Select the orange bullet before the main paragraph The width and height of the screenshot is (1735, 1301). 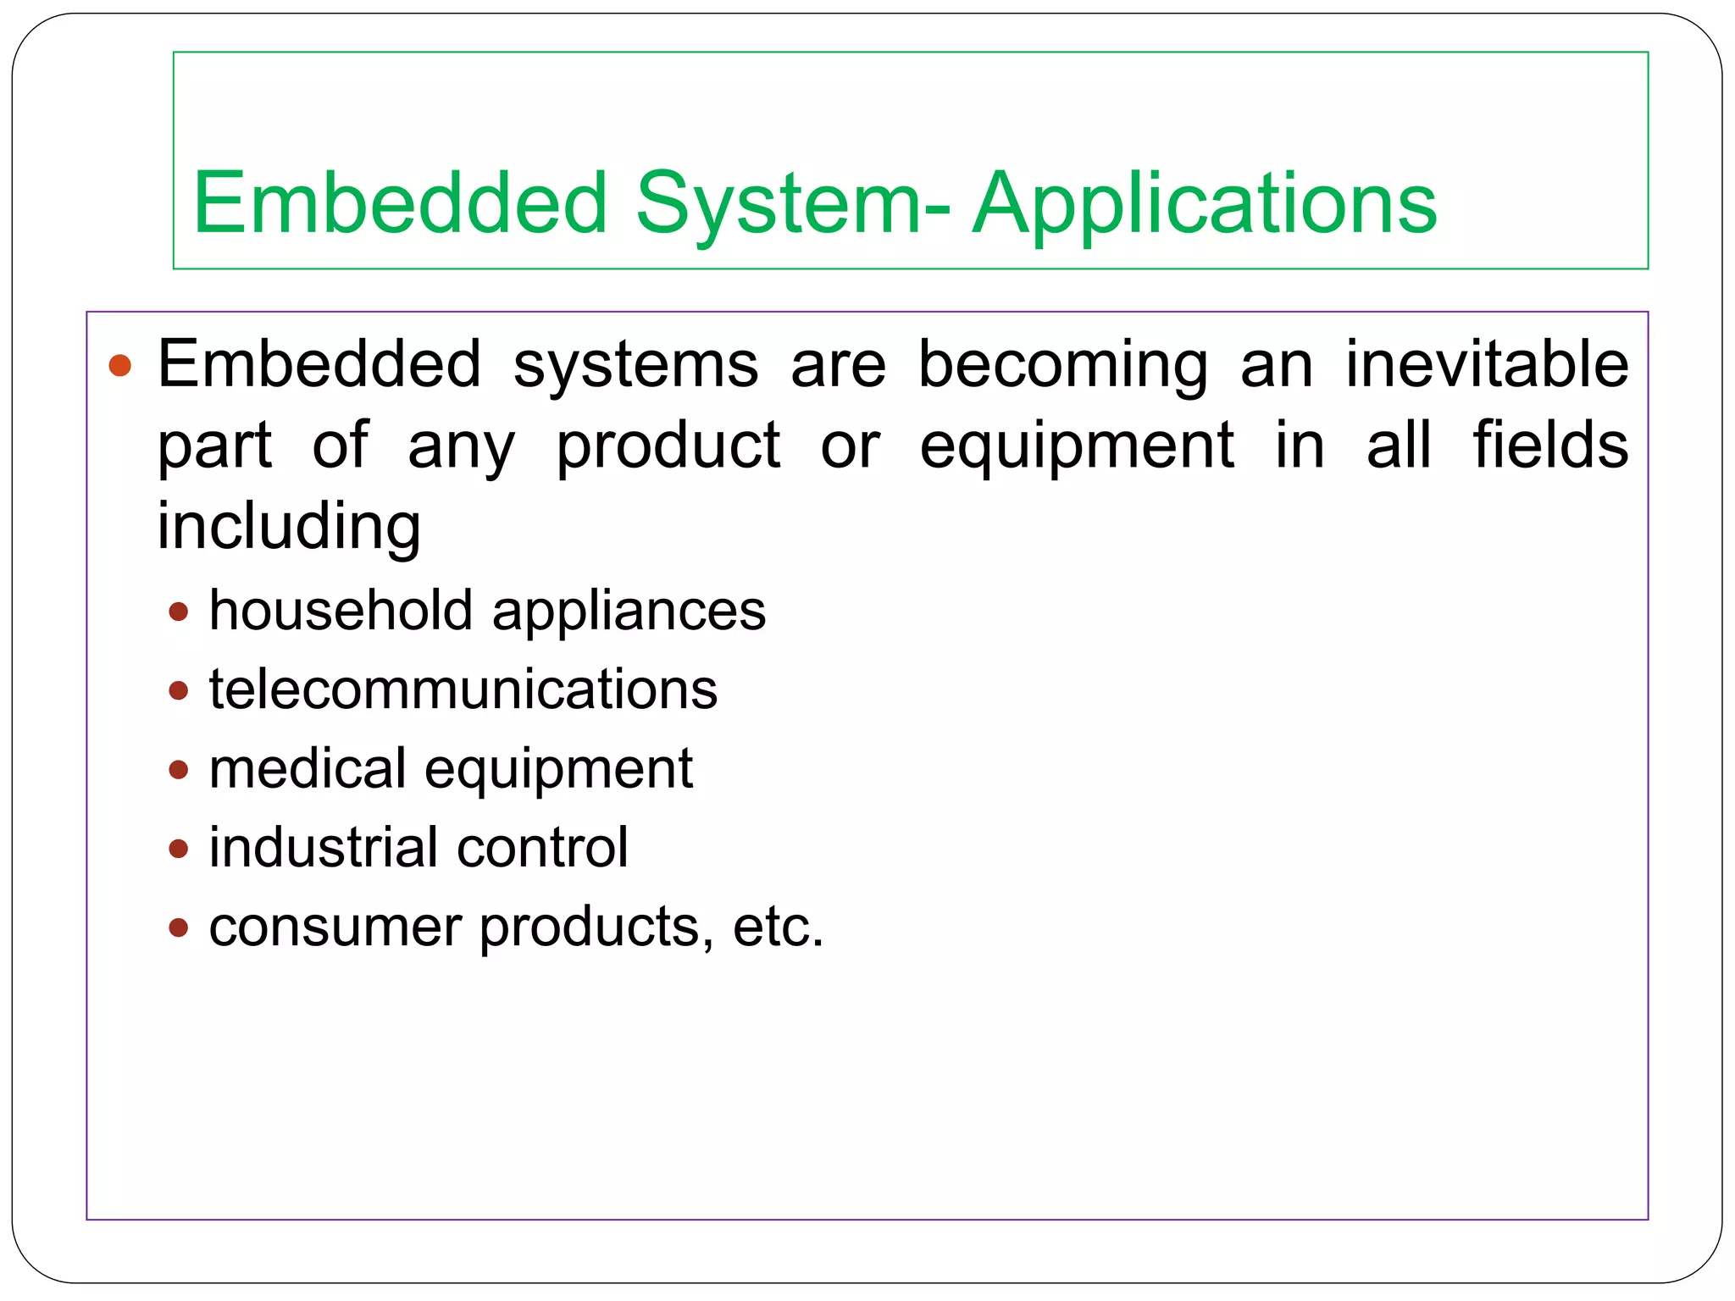[120, 365]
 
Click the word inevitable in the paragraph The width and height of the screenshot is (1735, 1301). [1487, 364]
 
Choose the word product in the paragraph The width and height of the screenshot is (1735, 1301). [668, 446]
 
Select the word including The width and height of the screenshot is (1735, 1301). [289, 526]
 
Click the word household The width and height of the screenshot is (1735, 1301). [341, 610]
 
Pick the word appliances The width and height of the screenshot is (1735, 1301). [629, 612]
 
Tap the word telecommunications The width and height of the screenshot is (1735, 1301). [463, 689]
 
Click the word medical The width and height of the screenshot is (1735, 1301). [308, 768]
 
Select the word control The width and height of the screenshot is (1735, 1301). [543, 847]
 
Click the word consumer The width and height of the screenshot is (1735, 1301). [335, 927]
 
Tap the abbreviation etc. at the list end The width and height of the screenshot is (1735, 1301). [778, 927]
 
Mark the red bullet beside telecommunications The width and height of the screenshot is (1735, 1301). [178, 690]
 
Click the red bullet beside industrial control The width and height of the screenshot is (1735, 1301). [178, 848]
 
